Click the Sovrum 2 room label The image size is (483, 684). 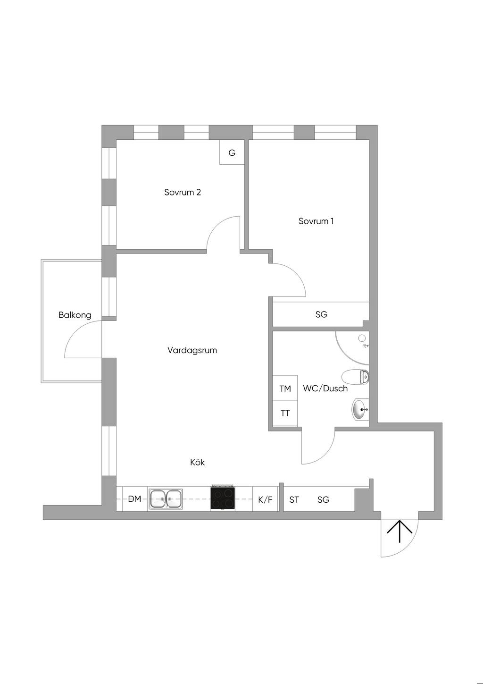point(183,193)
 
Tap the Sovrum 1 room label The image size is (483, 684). point(316,221)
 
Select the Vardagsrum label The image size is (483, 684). point(192,350)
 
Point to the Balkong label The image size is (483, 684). point(75,315)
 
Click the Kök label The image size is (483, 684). point(197,463)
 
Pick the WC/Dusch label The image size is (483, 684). point(325,388)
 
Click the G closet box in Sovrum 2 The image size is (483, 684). point(232,153)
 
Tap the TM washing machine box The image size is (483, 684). point(285,388)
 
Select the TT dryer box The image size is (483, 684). point(285,413)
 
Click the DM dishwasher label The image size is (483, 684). point(134,499)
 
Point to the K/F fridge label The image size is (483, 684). point(265,499)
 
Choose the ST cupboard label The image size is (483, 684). point(294,499)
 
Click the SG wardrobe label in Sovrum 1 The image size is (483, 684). point(321,314)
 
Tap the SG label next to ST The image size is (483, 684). point(323,499)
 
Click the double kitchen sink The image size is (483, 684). point(166,499)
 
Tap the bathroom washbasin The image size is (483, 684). point(360,409)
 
